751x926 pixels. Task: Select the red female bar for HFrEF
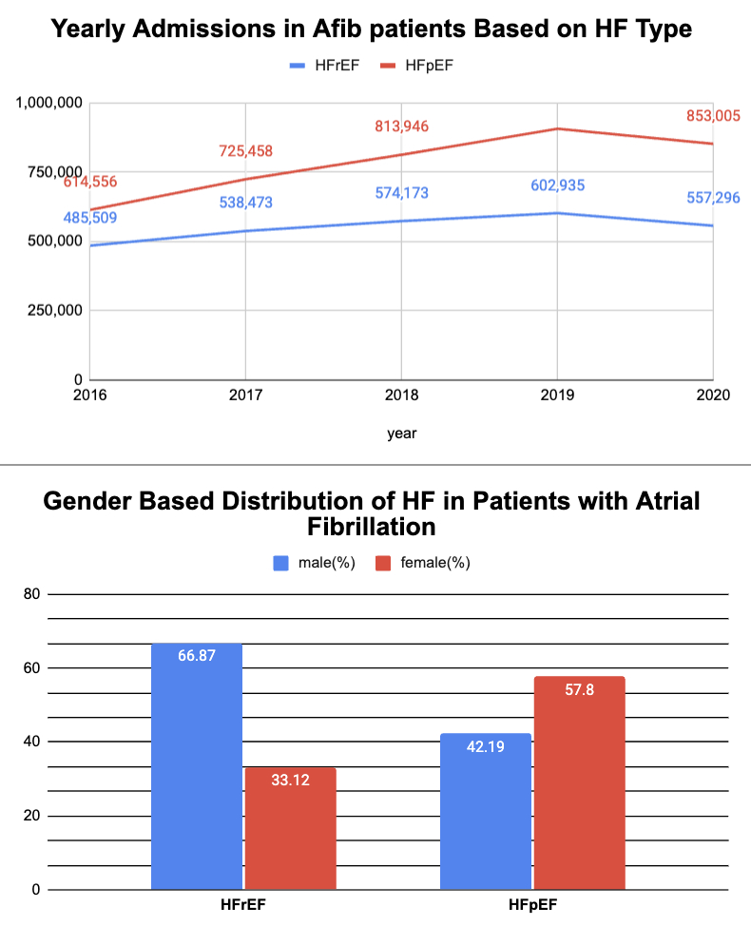click(290, 828)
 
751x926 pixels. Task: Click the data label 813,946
click(401, 126)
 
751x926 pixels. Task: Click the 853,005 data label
click(713, 116)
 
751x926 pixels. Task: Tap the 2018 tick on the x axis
click(401, 395)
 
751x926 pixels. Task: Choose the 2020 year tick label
click(712, 395)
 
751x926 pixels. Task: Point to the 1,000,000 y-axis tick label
click(49, 103)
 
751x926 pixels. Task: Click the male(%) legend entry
click(315, 562)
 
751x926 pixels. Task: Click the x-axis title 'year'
click(401, 433)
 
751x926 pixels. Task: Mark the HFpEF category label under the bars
click(532, 905)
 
